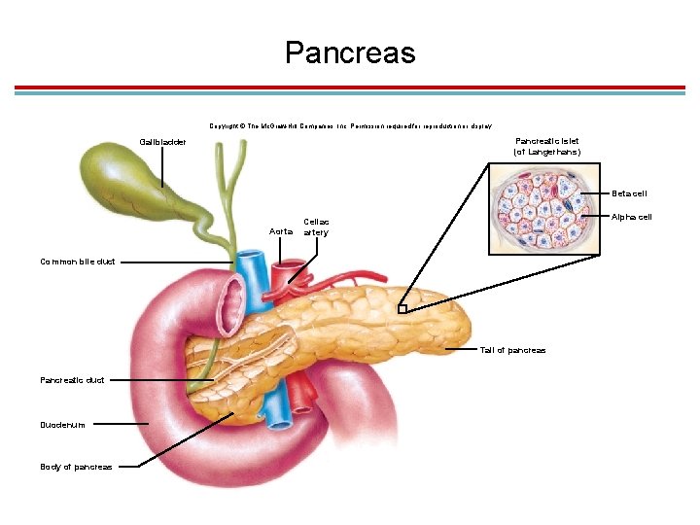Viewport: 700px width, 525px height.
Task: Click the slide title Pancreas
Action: pos(350,52)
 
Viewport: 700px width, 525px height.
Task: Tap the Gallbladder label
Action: pos(162,142)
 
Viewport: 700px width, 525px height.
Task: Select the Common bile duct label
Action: pos(78,262)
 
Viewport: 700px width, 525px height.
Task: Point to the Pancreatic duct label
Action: pos(72,379)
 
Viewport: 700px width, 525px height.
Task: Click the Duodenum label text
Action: pos(62,425)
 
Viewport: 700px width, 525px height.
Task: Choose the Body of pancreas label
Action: pos(76,467)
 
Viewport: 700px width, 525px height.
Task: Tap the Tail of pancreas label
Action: pos(512,350)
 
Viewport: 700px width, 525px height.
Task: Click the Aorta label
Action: pos(280,230)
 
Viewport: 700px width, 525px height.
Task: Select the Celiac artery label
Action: pos(316,227)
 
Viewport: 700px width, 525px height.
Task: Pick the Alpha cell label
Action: pos(632,216)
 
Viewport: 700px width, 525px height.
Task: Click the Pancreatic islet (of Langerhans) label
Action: pos(547,146)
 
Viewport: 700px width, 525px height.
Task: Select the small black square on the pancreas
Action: pos(402,309)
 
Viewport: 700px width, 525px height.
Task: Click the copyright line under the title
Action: pos(350,125)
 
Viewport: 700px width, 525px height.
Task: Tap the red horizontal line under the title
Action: pos(350,87)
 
